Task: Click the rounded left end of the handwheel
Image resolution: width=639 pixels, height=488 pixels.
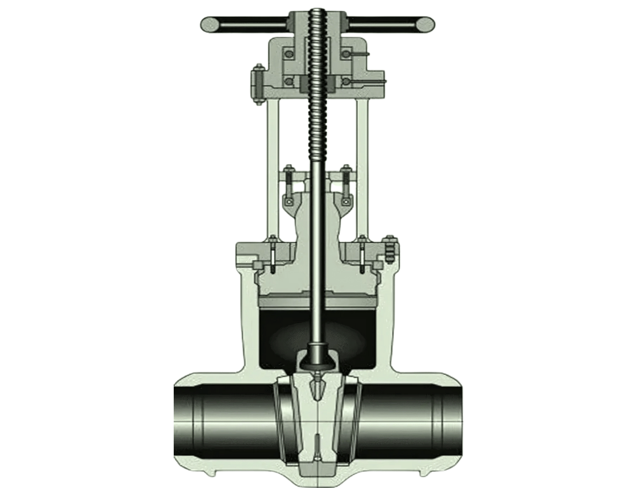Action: [x=209, y=24]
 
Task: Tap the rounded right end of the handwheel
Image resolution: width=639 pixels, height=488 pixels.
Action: [x=425, y=24]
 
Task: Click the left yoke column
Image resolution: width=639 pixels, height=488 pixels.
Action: [x=273, y=165]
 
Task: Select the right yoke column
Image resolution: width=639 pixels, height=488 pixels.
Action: [x=362, y=165]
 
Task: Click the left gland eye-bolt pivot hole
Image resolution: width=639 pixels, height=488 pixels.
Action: [x=289, y=201]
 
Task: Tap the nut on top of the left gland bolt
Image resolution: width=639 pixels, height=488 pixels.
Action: [x=289, y=168]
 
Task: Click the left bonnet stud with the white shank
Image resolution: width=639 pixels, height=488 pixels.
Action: [x=273, y=253]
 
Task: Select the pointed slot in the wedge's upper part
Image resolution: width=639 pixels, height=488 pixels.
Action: [x=316, y=389]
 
